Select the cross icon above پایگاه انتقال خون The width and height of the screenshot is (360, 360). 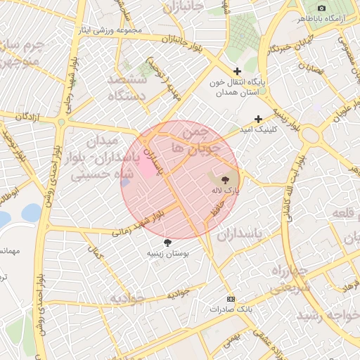coord(238,72)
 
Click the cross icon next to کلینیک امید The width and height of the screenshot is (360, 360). coord(259,119)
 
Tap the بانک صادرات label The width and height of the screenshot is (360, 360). coord(230,309)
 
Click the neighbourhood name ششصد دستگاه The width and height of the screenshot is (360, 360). coord(126,87)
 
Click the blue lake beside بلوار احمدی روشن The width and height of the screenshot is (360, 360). coord(31,212)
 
